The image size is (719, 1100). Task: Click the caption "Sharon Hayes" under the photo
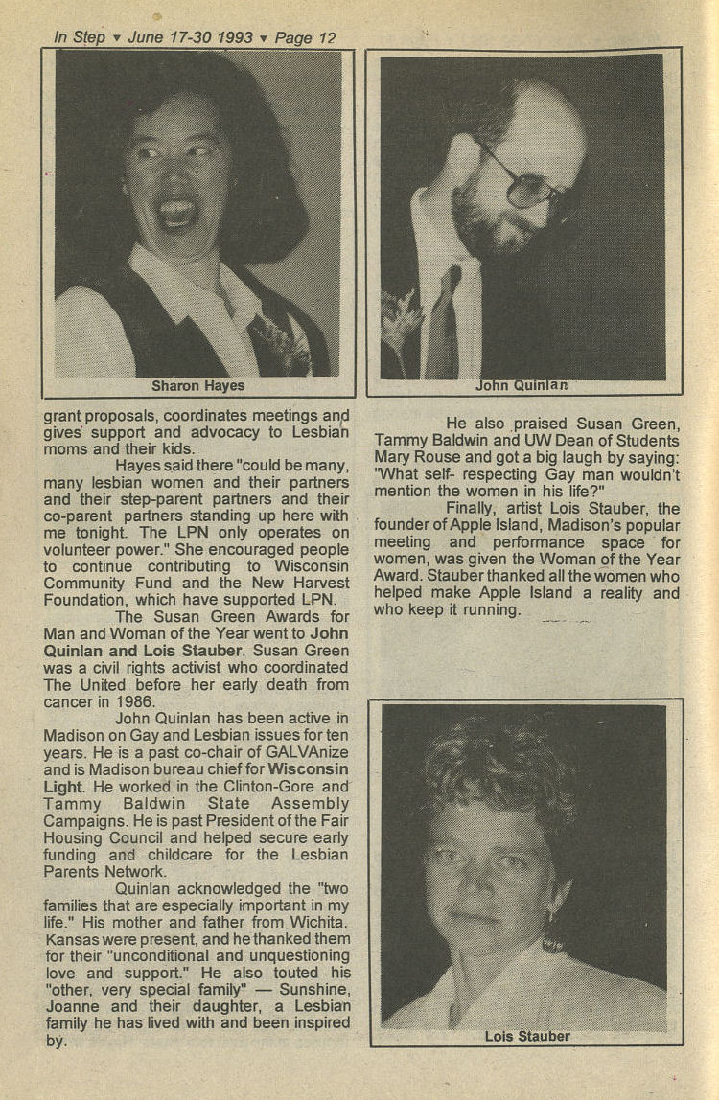pyautogui.click(x=197, y=386)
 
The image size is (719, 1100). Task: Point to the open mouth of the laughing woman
pyautogui.click(x=178, y=213)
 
